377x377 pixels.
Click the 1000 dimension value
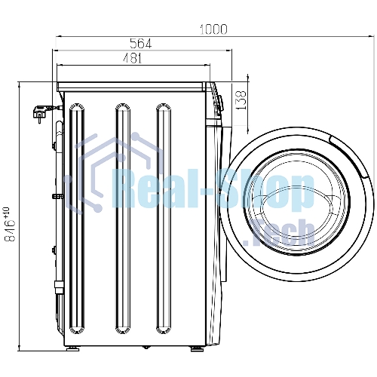tap(213, 29)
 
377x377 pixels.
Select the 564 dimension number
tap(141, 44)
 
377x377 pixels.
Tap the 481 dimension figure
tap(133, 58)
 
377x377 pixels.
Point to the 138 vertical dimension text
tap(241, 100)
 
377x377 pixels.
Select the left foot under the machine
tap(73, 348)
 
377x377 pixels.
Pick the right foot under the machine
tap(197, 348)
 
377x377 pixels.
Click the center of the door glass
tap(296, 203)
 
